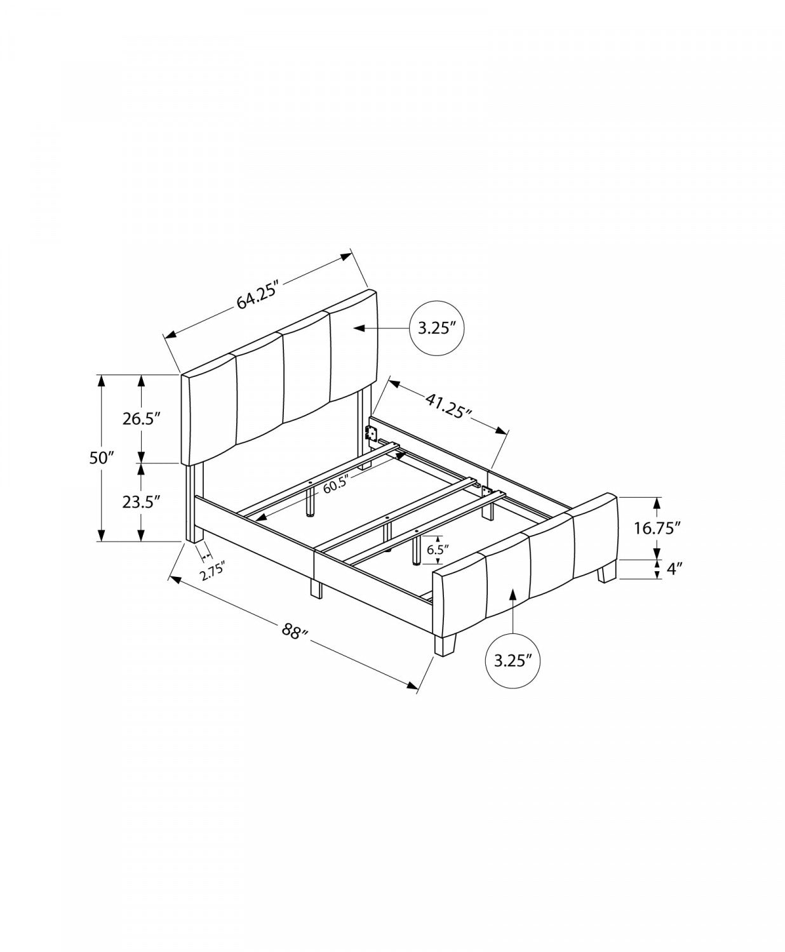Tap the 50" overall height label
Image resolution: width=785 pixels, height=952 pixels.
pos(101,458)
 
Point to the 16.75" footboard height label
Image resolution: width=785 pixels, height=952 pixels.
pos(658,527)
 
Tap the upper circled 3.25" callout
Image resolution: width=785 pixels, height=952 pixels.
pos(438,328)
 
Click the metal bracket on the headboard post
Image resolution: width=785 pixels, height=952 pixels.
pos(371,434)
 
